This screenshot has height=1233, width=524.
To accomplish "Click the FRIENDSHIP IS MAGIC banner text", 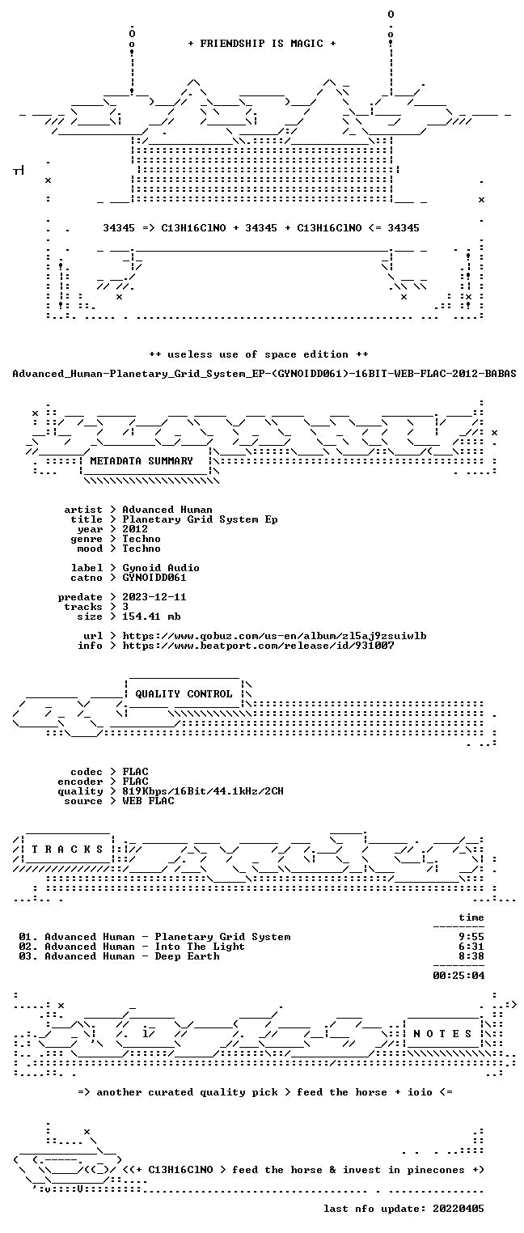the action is pos(261,44).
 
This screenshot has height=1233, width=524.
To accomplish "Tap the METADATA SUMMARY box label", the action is pos(142,460).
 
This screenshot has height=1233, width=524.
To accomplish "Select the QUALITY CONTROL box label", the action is pos(184,693).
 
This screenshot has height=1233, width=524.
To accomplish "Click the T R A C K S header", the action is pos(67,849).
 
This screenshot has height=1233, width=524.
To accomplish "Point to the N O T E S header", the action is pos(442,1034).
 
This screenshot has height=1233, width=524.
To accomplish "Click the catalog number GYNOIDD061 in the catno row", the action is pos(154,578).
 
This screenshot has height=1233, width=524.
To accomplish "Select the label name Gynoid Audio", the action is pos(161,567).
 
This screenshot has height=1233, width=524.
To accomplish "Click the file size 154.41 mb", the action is pos(151,616).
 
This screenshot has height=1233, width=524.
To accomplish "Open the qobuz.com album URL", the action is pos(274,636).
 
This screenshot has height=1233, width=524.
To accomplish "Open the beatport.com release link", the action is pos(258,646).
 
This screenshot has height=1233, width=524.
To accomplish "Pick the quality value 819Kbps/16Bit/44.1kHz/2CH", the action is pos(203,791).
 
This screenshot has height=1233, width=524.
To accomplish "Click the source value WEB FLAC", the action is pos(148,801).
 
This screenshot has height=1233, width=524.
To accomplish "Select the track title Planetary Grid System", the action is pos(222,937).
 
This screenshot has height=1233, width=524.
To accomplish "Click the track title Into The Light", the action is pos(200,947).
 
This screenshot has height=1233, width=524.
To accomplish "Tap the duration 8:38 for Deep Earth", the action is pos(471,956).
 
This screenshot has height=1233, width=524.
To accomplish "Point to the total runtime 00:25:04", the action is pos(458,976).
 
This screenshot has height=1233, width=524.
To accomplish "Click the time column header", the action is pos(471,917).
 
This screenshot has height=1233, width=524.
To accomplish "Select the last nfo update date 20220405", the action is pos(458,1209).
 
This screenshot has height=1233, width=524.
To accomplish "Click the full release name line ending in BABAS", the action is pos(264,374).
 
